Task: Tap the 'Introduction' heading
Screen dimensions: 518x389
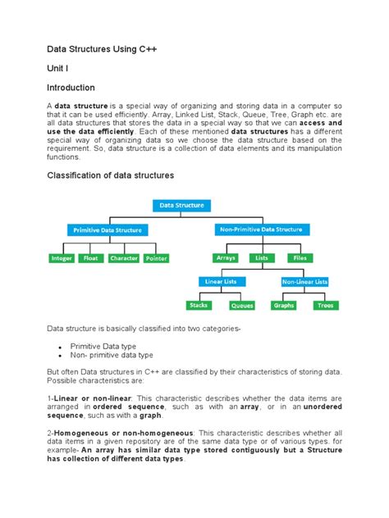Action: (70, 88)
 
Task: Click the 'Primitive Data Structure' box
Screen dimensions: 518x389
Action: (108, 230)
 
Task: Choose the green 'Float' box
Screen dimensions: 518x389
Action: (89, 257)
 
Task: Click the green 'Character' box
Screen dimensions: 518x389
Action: (123, 257)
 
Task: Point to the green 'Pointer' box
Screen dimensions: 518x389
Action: (156, 257)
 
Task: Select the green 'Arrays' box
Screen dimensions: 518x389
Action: (225, 257)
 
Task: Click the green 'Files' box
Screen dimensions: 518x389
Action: (300, 257)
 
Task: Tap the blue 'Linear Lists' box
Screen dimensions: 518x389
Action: (220, 282)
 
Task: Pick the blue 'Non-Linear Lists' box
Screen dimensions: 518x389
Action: (304, 282)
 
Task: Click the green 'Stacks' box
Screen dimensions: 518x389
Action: (199, 306)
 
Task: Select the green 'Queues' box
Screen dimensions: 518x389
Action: (242, 306)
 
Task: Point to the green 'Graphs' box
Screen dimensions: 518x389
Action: (284, 306)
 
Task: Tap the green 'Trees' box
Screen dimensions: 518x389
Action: (326, 306)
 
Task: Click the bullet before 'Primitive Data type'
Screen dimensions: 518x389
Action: (61, 348)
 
